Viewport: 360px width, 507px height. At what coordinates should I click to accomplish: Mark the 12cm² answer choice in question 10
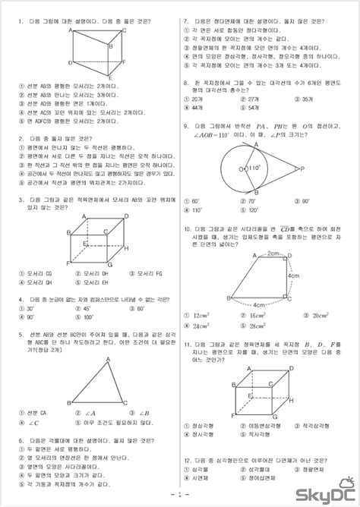tap(201, 314)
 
